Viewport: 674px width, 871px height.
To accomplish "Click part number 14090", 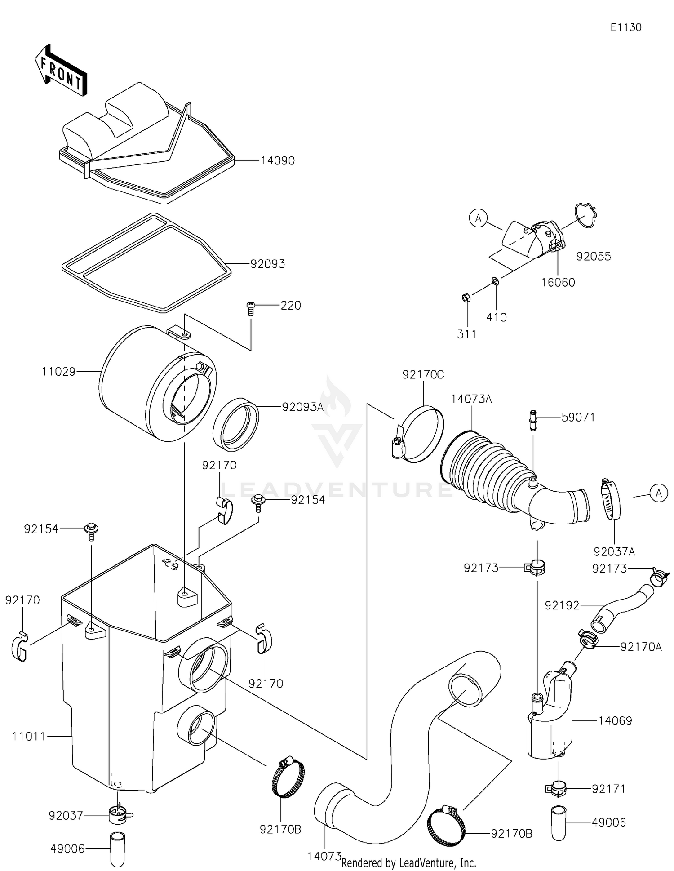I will [278, 161].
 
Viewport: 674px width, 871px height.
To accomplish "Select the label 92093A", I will [302, 407].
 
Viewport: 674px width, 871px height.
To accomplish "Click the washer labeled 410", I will [495, 281].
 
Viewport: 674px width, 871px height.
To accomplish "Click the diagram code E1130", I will [625, 27].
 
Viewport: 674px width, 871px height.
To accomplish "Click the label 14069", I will [615, 720].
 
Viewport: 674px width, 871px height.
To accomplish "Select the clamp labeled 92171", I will [556, 788].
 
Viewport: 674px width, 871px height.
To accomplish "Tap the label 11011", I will [29, 736].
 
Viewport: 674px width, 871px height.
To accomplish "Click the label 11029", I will [58, 372].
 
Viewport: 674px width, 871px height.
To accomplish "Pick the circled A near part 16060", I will [478, 218].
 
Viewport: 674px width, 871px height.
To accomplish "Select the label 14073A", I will [471, 399].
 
